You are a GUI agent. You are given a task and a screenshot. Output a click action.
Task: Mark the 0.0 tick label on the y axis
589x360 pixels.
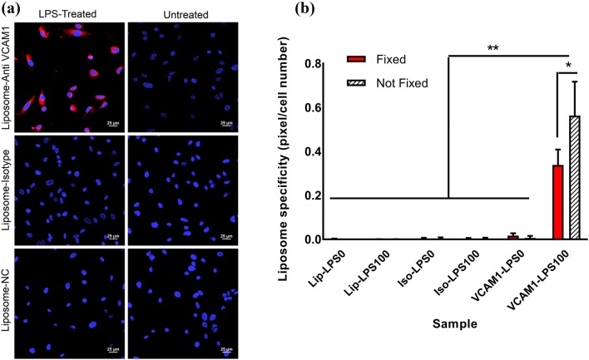[x=312, y=240]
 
